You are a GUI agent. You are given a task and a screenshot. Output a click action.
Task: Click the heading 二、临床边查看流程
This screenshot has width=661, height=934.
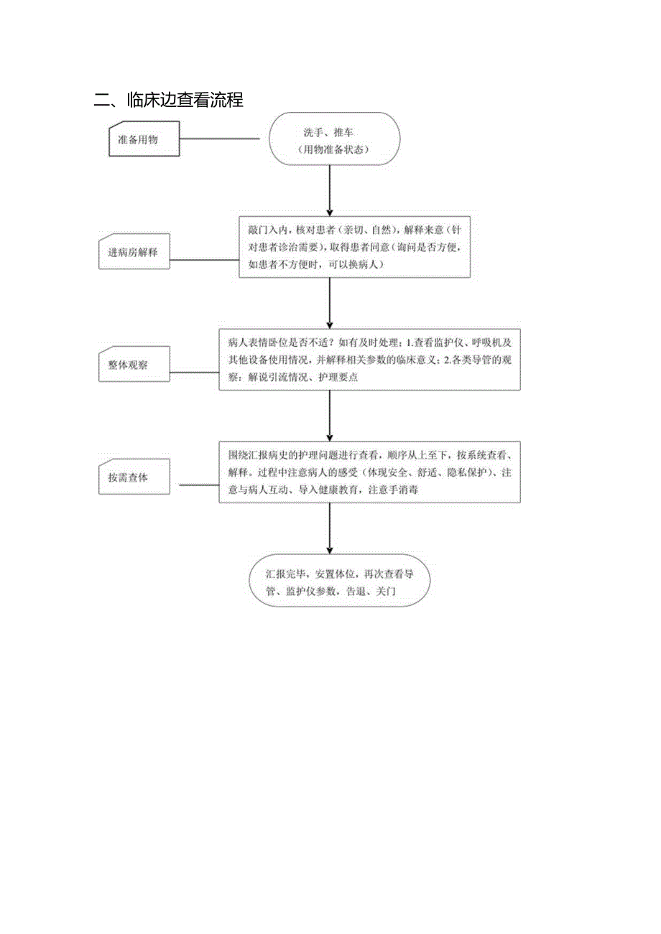tap(169, 101)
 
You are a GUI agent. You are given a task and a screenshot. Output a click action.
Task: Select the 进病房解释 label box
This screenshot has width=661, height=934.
tap(133, 253)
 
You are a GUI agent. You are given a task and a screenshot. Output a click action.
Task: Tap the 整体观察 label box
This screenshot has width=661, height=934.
tap(133, 365)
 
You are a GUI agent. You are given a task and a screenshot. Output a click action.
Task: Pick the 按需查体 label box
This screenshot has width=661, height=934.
tap(133, 477)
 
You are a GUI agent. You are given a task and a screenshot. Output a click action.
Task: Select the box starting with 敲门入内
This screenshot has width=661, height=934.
tap(354, 247)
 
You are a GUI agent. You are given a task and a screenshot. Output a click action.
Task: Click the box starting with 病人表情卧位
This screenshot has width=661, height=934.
tap(369, 359)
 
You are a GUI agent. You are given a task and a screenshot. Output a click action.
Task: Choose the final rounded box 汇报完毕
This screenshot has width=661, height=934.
tap(339, 581)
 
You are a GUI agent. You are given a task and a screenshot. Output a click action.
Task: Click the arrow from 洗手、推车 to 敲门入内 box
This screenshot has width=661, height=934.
tap(330, 190)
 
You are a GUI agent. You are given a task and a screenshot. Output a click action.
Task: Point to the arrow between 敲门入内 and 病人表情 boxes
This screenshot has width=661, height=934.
tap(330, 303)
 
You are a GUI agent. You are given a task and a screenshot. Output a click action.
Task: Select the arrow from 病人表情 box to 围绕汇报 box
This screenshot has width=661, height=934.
tap(330, 416)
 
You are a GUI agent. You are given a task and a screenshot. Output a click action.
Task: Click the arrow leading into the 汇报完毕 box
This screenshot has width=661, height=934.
tap(330, 528)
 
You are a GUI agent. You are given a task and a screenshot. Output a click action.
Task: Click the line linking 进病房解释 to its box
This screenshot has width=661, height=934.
tap(204, 260)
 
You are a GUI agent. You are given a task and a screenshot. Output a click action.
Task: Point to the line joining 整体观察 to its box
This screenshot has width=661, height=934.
tap(194, 373)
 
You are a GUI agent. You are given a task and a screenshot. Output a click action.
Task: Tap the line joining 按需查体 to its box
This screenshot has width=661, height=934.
tap(194, 485)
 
